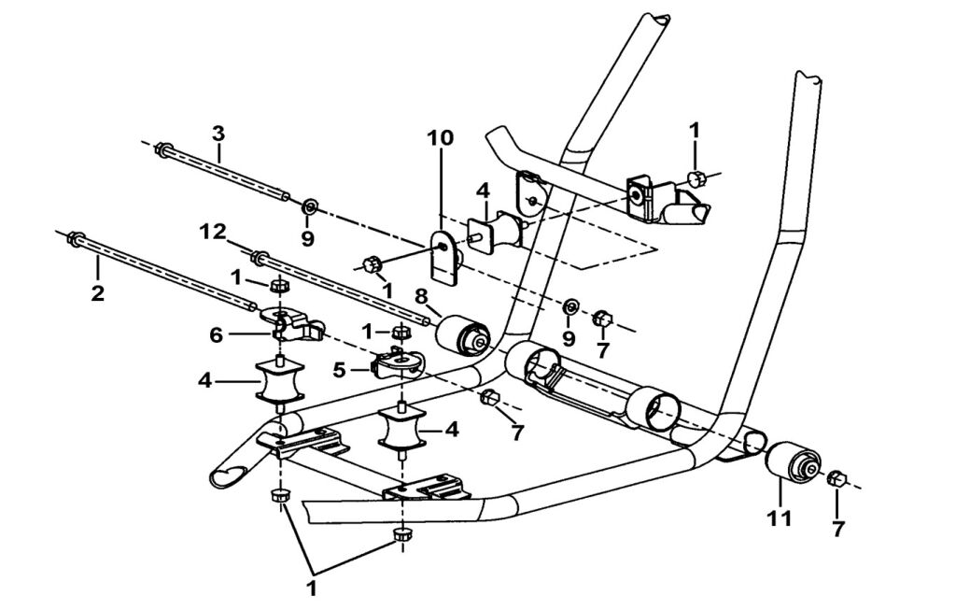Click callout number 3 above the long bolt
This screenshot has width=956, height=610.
click(218, 133)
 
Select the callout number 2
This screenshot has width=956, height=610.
click(98, 292)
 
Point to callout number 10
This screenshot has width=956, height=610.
click(441, 138)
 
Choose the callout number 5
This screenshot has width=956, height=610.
click(341, 370)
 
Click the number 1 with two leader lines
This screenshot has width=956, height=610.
click(312, 589)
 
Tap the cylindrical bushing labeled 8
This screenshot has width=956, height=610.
click(464, 334)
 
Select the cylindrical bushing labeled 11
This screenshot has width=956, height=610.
click(792, 462)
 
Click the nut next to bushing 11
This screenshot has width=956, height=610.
click(836, 479)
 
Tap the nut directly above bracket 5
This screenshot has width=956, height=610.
click(401, 332)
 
